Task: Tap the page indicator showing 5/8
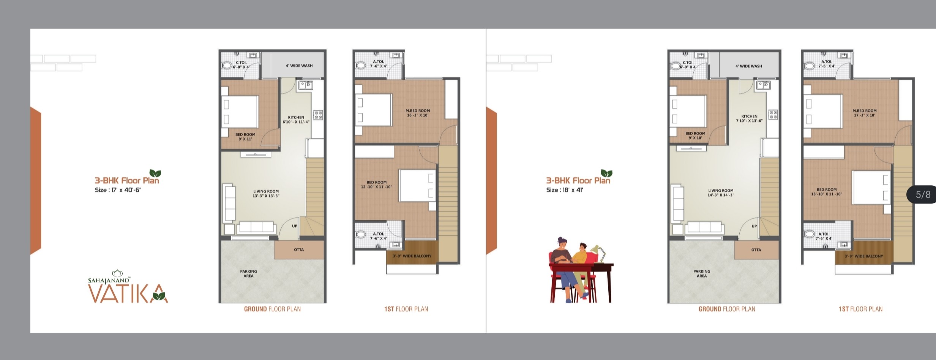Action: tap(923, 195)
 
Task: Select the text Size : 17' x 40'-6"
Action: tap(118, 190)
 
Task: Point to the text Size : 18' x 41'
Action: tap(565, 190)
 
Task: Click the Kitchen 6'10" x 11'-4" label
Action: tap(296, 120)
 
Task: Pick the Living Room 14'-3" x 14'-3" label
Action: tap(721, 193)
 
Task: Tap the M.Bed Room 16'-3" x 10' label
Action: tap(418, 113)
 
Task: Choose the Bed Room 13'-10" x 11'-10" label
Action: tap(827, 192)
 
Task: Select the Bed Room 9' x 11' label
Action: tap(245, 137)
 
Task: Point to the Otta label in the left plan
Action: tap(299, 250)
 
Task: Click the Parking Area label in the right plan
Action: tap(702, 274)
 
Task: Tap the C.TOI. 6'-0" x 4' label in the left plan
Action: tap(241, 65)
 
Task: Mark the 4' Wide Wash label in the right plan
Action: tap(749, 66)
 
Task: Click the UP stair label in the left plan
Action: tap(295, 226)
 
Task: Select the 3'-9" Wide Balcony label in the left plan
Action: tap(412, 256)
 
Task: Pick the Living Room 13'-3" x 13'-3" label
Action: tap(266, 194)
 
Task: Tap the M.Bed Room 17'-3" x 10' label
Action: tap(865, 113)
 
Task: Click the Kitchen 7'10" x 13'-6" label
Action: tap(749, 118)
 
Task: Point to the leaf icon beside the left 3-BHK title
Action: tap(155, 173)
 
